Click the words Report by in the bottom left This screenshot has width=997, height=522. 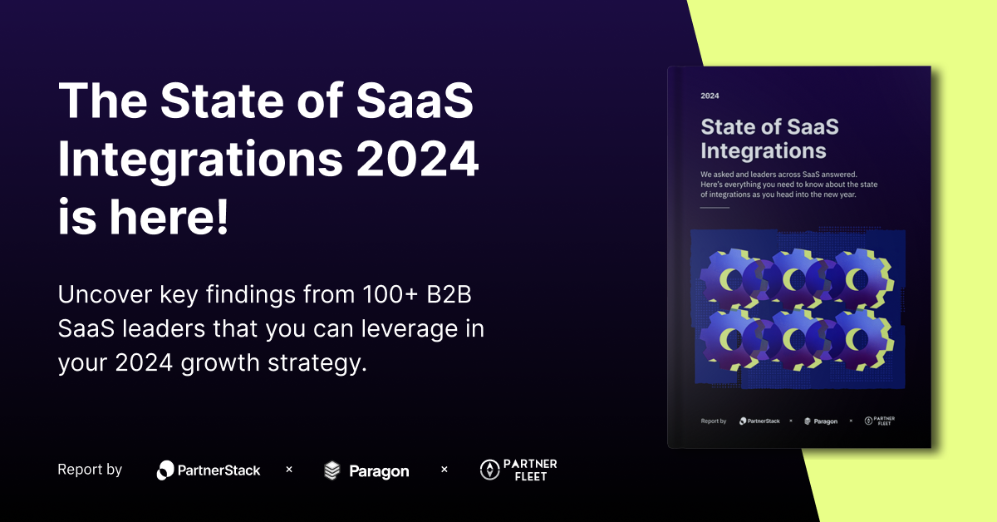(x=90, y=470)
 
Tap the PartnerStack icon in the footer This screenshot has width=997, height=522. (x=165, y=470)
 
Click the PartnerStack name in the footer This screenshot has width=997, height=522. (x=219, y=470)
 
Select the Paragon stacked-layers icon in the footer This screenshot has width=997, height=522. (x=332, y=470)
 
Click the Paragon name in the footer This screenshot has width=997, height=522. (x=378, y=471)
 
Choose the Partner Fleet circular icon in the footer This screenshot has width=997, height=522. (x=489, y=470)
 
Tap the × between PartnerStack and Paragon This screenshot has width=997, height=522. (x=289, y=470)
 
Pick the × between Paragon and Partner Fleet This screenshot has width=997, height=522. (x=444, y=470)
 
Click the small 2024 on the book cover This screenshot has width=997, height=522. (x=710, y=96)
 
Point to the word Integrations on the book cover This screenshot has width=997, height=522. (x=763, y=150)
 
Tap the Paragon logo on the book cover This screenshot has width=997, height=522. (x=821, y=421)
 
